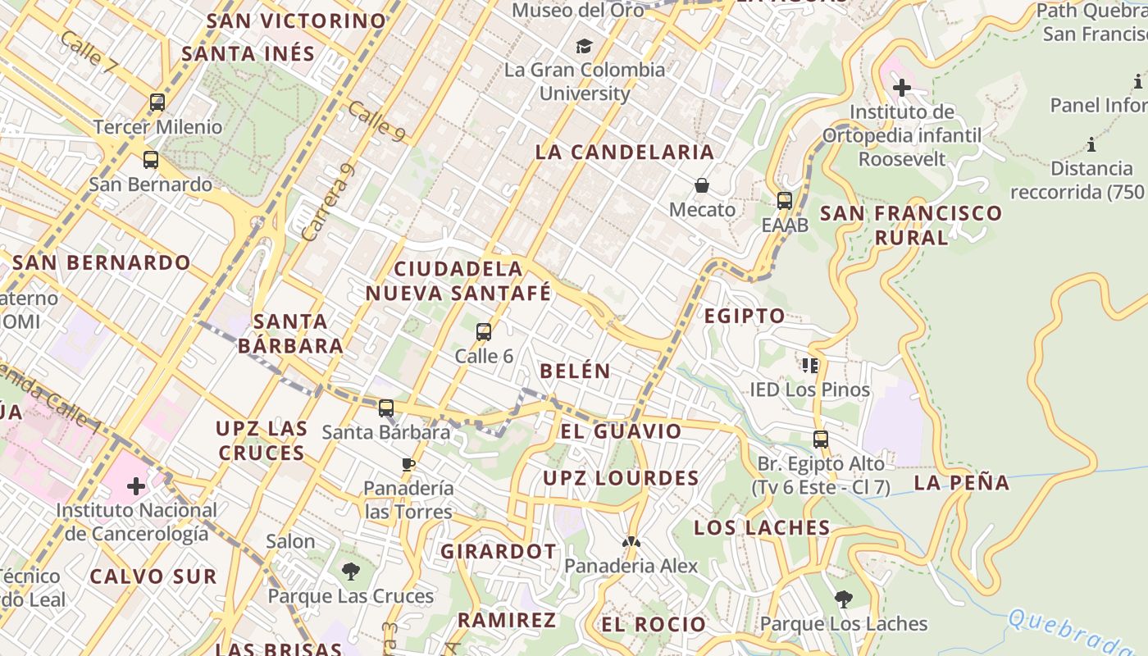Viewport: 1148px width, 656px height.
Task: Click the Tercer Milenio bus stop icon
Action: tap(157, 102)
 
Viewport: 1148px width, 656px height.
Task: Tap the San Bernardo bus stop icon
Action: tap(150, 159)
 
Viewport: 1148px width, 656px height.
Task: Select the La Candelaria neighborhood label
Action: tap(625, 152)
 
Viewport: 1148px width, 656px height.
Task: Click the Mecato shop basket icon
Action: tap(702, 185)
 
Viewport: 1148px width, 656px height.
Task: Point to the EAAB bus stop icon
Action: tap(785, 200)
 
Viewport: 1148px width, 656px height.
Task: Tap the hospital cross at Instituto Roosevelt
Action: tap(902, 87)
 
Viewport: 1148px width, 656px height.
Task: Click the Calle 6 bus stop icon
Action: tap(484, 332)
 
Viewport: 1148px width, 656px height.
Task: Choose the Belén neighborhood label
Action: tap(575, 371)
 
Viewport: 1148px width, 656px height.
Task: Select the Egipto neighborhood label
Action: tap(745, 316)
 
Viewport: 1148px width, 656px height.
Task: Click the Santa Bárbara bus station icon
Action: tap(386, 408)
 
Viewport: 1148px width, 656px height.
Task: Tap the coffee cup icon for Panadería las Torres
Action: tap(408, 465)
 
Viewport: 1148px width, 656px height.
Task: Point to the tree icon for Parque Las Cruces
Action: tap(351, 572)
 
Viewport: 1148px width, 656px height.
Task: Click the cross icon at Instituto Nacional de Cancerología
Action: tap(136, 486)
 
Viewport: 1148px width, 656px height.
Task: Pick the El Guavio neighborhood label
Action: tap(621, 431)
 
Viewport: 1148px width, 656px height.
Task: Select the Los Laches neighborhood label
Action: tap(762, 527)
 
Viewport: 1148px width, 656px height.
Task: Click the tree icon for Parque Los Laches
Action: tap(843, 599)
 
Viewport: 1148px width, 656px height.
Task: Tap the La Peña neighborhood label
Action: tap(962, 482)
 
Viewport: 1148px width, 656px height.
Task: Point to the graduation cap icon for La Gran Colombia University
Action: tap(584, 46)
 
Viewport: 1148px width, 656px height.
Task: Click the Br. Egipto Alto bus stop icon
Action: tap(821, 440)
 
